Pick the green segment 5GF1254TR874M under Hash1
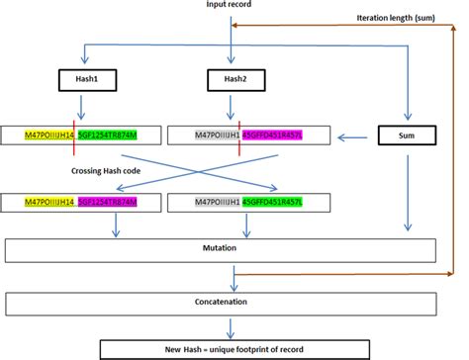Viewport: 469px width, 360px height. pos(106,134)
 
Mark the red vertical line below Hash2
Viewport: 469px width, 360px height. pos(238,129)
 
